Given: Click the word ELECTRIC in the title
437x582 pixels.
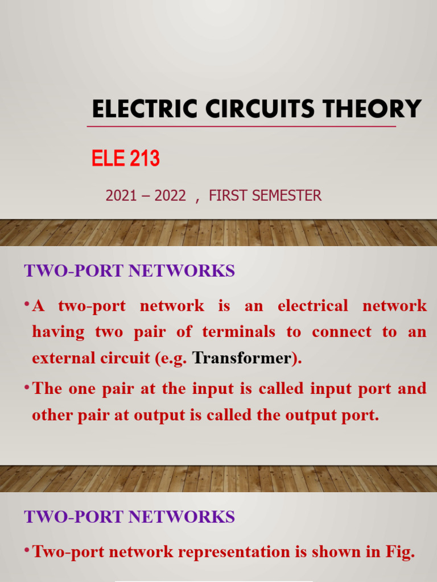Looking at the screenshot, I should tap(134, 109).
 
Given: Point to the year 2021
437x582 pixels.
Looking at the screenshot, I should tap(121, 196).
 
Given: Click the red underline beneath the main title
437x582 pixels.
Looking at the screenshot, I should tap(241, 126).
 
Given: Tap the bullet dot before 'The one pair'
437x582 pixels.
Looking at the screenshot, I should tap(27, 387).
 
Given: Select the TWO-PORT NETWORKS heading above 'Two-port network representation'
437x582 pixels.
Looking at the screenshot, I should tap(129, 517).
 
